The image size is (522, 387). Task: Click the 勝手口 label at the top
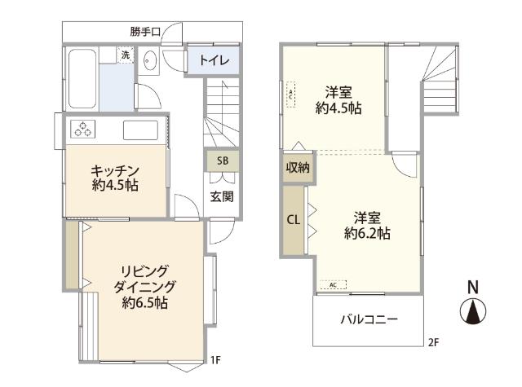pos(144,32)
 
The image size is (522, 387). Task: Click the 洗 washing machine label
pos(125,55)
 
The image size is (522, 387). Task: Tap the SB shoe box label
pos(222,161)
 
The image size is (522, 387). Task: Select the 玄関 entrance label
pos(222,196)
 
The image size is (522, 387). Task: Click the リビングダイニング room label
pos(145,286)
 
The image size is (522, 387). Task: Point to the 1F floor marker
pos(215,359)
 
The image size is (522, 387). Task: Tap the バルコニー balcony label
pos(369,319)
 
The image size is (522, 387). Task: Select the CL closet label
pos(293,218)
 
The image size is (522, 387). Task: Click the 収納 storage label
pos(298,168)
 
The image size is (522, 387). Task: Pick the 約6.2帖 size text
pos(367,233)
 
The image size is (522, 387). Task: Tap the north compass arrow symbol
pos(471,312)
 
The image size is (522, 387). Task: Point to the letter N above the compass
pos(471,288)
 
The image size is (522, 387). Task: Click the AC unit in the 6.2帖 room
pos(334,284)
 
